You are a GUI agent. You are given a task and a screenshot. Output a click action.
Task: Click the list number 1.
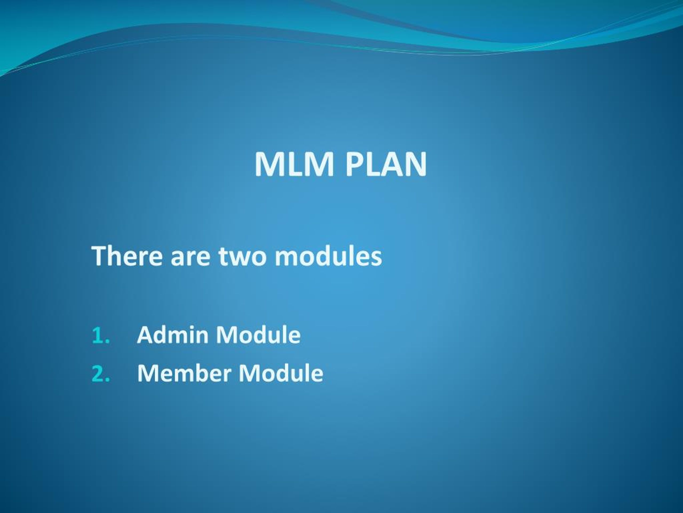101,335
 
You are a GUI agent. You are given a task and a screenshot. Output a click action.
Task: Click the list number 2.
101,373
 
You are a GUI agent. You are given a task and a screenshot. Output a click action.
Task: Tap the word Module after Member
281,373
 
